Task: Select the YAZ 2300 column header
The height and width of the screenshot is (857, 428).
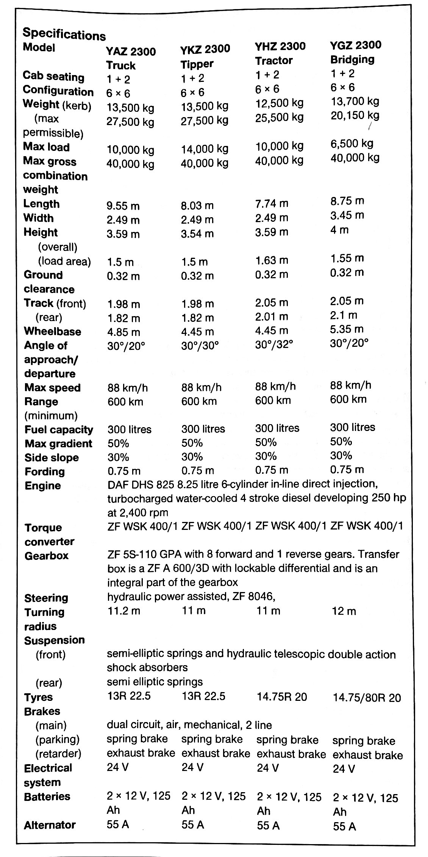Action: point(131,51)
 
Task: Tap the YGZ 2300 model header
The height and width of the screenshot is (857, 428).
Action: point(356,45)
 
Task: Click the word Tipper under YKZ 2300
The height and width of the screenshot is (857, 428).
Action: point(197,64)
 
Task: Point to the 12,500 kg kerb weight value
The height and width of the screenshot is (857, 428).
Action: point(279,103)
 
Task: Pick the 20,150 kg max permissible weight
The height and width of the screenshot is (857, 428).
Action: point(355,115)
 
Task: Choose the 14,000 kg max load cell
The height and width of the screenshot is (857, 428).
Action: point(205,149)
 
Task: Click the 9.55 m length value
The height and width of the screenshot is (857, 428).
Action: point(123,206)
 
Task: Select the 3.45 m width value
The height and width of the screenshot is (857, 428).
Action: point(347,215)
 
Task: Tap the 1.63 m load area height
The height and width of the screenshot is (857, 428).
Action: point(271,260)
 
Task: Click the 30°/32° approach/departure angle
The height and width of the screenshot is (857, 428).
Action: point(274,344)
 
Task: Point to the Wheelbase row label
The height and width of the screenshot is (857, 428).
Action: point(53,331)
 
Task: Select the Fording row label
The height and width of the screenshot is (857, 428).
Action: point(45,472)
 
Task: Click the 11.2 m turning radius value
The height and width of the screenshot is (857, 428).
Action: point(123,611)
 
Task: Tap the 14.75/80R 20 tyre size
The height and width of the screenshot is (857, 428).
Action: point(366,698)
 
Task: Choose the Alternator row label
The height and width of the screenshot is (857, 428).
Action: point(50,825)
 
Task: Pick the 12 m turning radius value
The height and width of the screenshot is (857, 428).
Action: point(344,611)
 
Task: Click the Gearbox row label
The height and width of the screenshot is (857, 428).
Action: point(47,556)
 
